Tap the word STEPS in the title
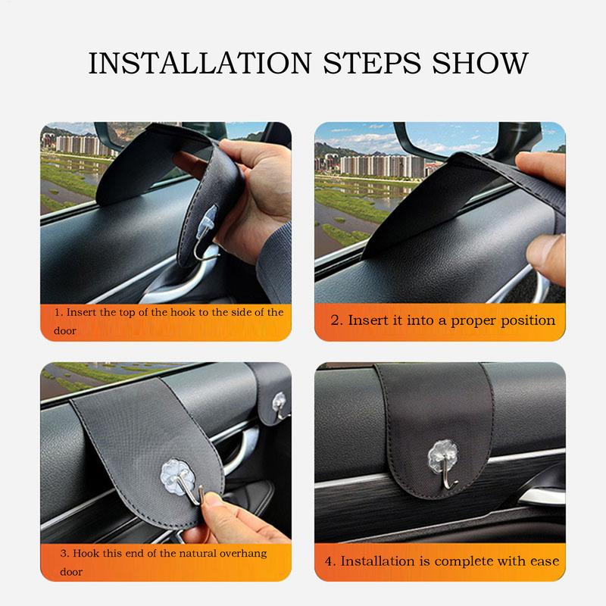pos(376,62)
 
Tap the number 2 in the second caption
pos(336,320)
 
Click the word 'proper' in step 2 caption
pos(467,320)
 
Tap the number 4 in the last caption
pos(329,561)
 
